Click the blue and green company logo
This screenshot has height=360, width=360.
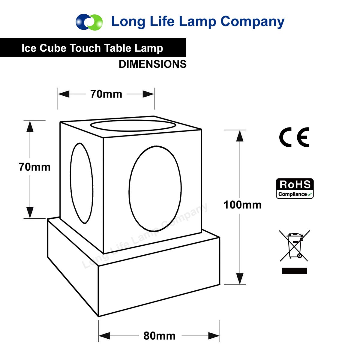coord(89,22)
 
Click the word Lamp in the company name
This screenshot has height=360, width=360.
coord(197,22)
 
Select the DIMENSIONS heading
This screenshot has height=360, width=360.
coord(152,64)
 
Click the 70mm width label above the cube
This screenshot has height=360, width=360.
coord(106,94)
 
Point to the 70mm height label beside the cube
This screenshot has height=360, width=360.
coord(34,167)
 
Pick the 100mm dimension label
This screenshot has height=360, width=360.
coord(242,205)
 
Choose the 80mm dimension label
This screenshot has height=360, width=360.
coord(159,336)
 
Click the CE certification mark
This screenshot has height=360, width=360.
coord(294,137)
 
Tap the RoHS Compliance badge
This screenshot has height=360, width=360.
coord(295,188)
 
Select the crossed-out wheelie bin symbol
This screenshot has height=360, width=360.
coord(295,246)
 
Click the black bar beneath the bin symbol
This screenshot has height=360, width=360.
coord(294,271)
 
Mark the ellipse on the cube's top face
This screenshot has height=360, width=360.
coord(133,125)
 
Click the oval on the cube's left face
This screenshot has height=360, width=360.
coord(82,183)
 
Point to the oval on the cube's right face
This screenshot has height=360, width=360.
coord(155,189)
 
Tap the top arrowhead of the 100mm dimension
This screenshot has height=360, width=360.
coord(239,136)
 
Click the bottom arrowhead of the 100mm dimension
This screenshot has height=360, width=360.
coord(239,279)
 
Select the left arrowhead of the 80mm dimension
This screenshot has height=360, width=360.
coord(104,336)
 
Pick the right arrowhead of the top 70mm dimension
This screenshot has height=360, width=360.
coord(148,94)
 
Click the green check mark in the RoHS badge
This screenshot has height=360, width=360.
coord(310,194)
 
